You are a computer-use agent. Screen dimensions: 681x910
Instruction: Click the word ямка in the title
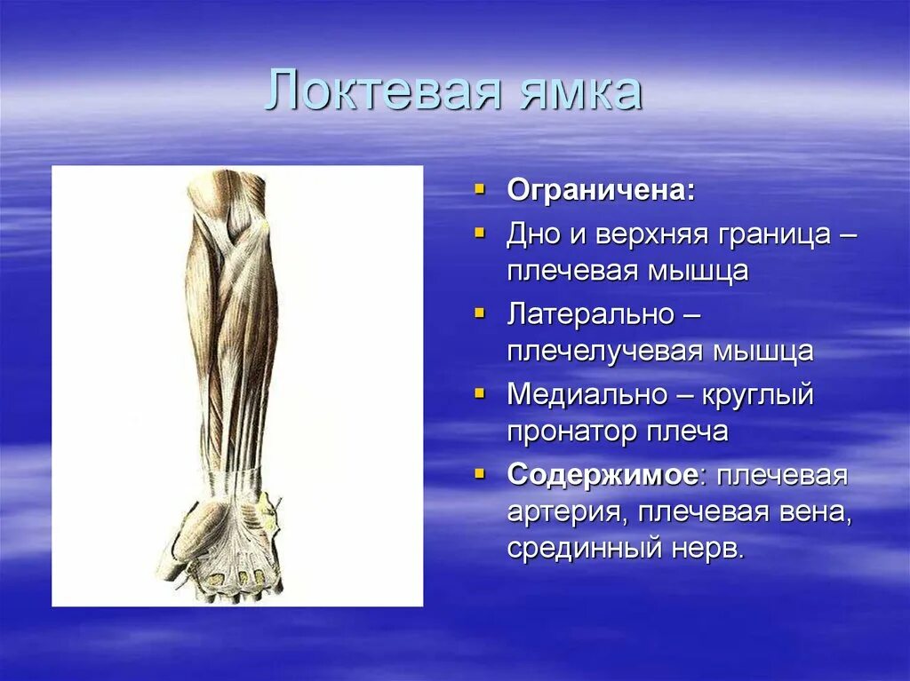tap(578, 92)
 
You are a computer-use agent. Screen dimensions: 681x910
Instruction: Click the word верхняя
tap(648, 235)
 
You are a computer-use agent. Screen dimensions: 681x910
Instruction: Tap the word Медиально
tap(586, 394)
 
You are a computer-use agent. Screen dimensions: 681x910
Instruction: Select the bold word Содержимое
tap(602, 475)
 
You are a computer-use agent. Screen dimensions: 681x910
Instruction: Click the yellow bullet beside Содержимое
tap(480, 474)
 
